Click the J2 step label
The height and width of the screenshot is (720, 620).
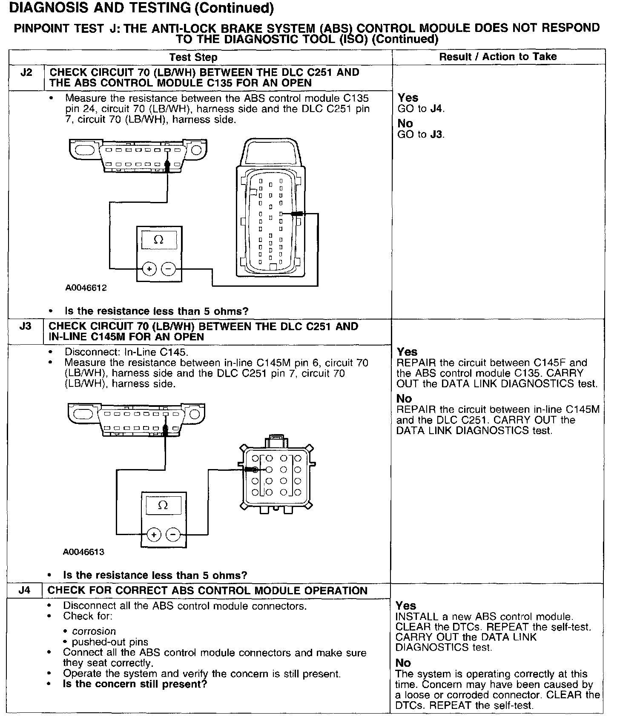coord(26,73)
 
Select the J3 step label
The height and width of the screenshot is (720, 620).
coord(26,327)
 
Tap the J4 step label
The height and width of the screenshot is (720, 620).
coord(25,591)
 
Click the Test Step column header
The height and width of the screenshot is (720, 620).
coord(193,58)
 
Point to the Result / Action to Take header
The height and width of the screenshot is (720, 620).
coord(498,57)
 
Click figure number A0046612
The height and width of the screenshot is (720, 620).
coord(86,288)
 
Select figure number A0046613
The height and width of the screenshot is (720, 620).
coord(83,552)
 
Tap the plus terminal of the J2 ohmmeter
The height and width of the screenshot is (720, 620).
coord(149,269)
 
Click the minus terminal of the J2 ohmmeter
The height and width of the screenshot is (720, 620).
coord(169,269)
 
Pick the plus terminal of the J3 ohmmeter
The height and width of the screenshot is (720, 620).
coord(154,534)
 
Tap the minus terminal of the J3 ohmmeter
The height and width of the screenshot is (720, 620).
coord(173,534)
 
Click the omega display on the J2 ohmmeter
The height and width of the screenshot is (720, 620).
coord(158,240)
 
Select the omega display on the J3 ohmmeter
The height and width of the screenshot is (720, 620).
coord(163,505)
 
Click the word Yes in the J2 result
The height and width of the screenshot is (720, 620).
coord(408,98)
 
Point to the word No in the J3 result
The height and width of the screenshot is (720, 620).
coord(404,399)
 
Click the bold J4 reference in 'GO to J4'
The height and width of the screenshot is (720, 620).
coord(436,109)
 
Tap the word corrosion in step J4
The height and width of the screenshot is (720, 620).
coord(94,631)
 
